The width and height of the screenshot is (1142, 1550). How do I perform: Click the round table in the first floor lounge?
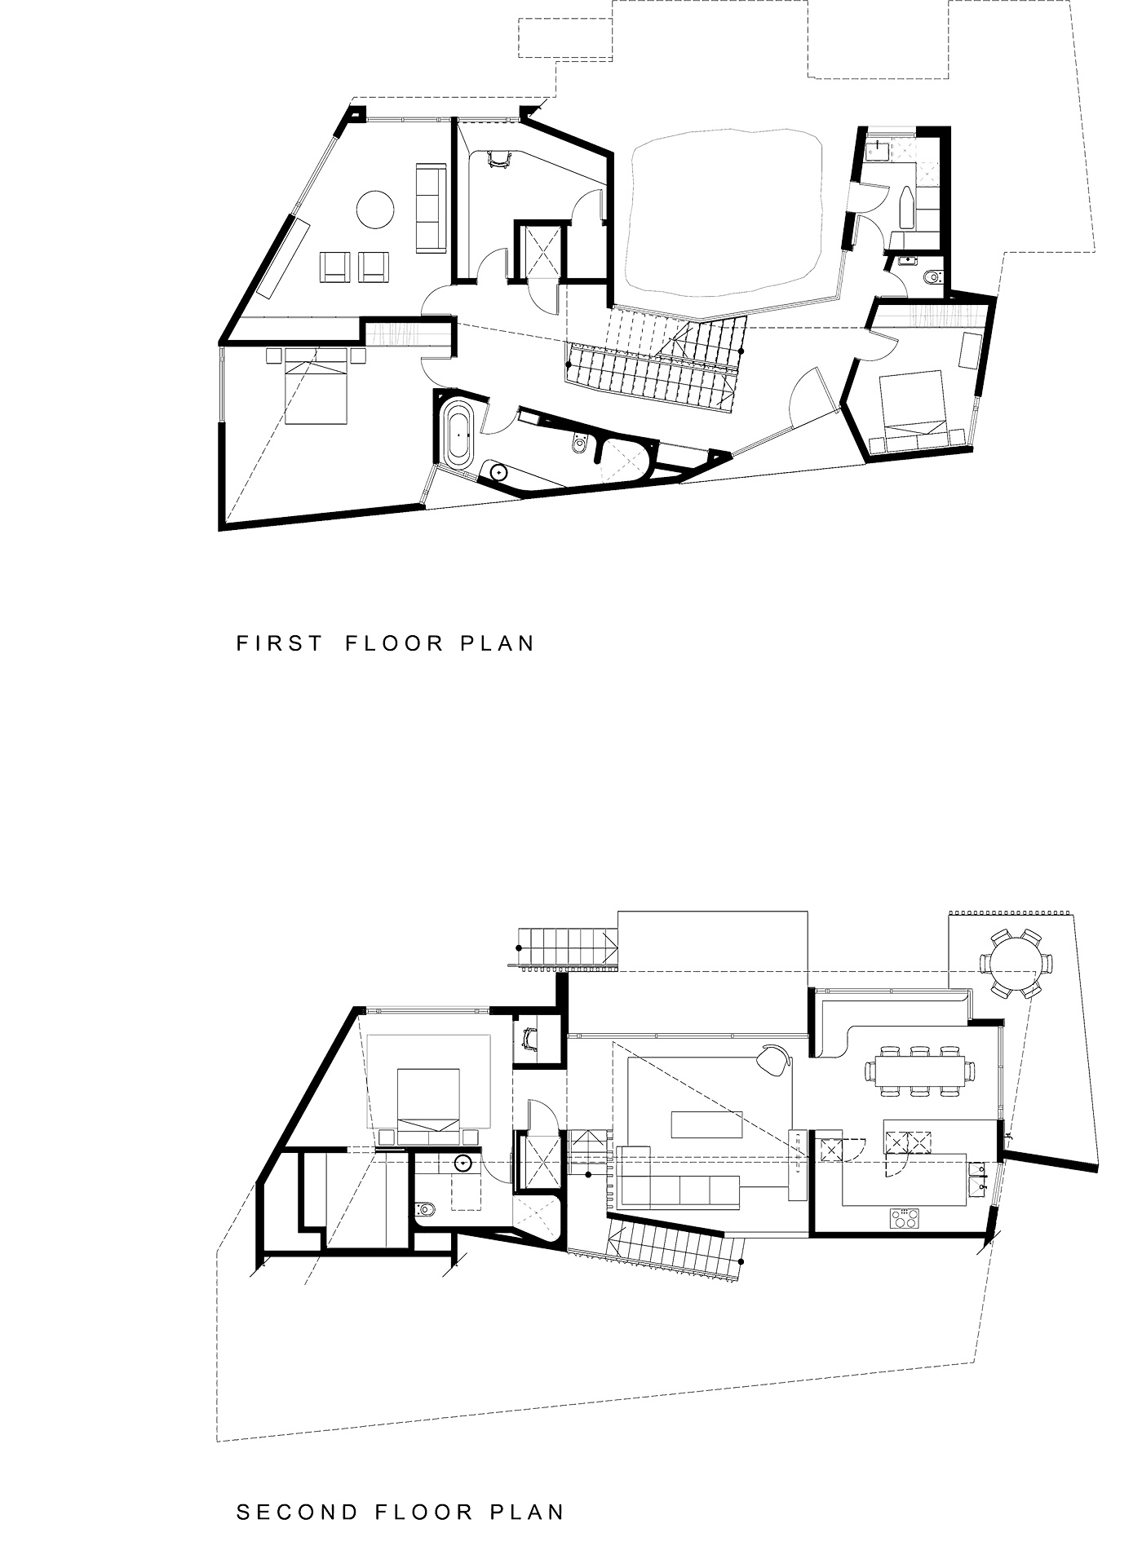(x=376, y=209)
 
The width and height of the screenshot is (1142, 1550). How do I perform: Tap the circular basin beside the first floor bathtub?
(x=495, y=473)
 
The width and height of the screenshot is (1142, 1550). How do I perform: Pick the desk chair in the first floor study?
(x=497, y=160)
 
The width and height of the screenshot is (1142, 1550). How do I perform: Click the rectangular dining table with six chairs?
(x=919, y=1071)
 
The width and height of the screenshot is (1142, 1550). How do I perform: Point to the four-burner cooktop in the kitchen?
(x=904, y=1219)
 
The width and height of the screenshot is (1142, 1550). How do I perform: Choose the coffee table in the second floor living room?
(x=708, y=1124)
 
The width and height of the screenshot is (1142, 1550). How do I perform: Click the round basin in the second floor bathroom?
(x=463, y=1164)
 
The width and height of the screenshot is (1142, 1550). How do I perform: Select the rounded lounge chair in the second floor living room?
(x=773, y=1060)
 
